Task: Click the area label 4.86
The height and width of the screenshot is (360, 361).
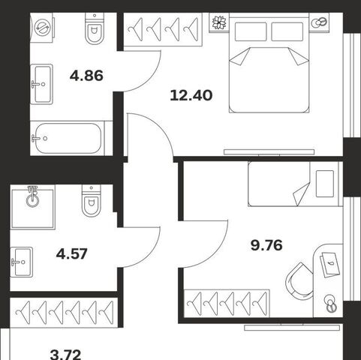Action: point(86,76)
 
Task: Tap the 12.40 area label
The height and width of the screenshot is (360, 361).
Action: point(191,95)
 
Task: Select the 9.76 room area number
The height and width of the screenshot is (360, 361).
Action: point(266,245)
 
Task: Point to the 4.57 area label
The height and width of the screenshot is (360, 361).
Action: point(72,254)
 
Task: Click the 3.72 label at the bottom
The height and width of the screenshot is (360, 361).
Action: point(65,355)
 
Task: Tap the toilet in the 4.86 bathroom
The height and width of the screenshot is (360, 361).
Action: point(95,28)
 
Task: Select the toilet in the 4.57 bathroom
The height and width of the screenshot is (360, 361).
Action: point(92,201)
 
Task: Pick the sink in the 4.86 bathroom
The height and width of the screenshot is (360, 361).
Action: point(41,84)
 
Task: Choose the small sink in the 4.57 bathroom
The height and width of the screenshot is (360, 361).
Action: point(22,262)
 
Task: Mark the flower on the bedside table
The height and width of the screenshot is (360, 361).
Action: point(219,22)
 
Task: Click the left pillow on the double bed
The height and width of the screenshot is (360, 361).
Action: point(251,31)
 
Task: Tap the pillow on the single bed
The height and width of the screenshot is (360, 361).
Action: point(325,184)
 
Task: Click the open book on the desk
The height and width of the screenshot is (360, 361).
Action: point(330,265)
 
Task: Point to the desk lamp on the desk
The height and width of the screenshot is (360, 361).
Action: point(331,304)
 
